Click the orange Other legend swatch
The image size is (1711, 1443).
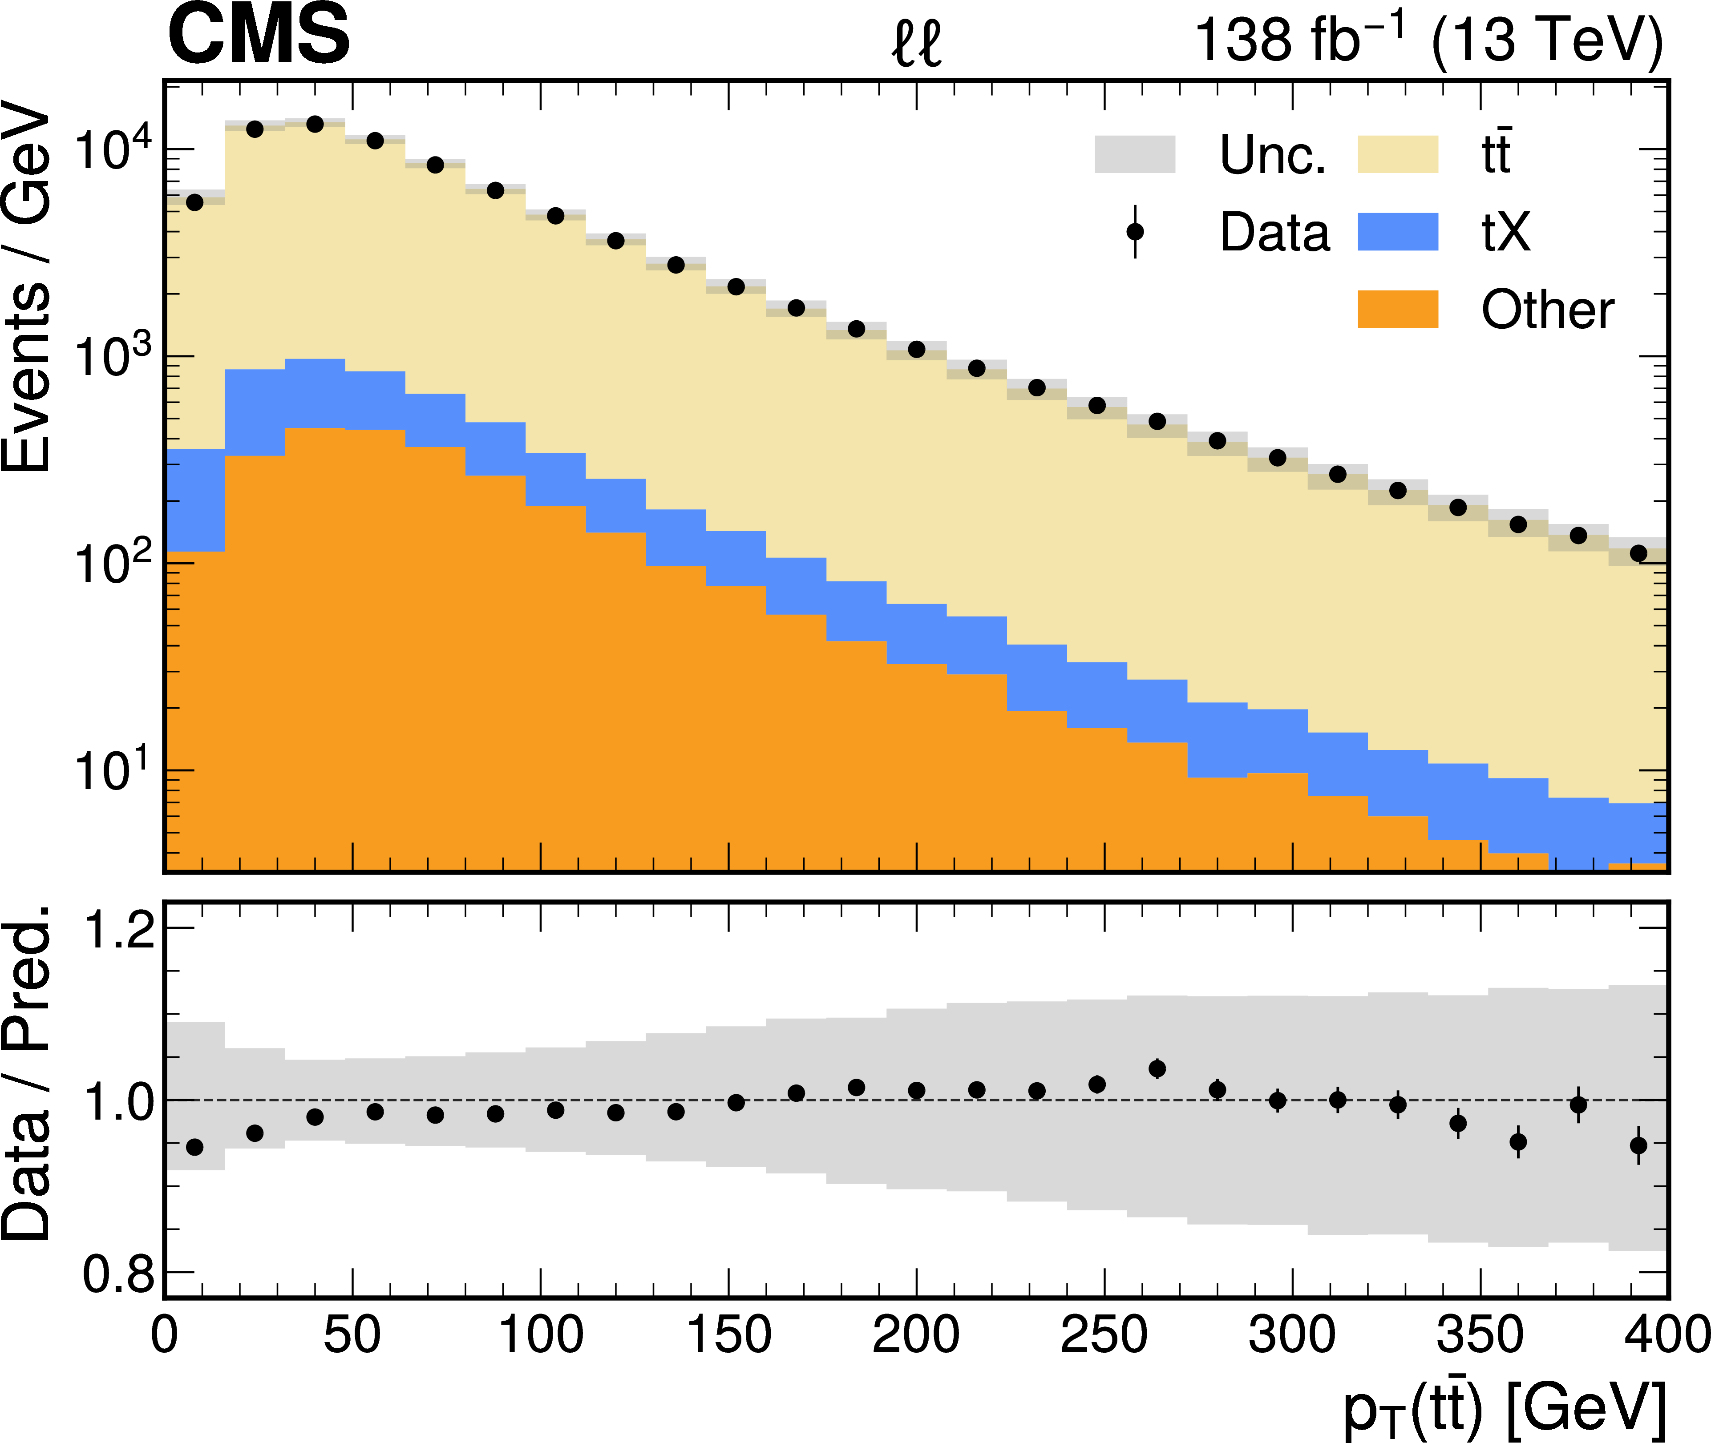point(1398,309)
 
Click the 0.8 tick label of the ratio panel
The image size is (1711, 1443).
point(119,1274)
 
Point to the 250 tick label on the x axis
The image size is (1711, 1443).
point(1104,1335)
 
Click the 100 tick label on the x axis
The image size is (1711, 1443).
point(540,1335)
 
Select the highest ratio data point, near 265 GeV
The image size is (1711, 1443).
point(1157,1068)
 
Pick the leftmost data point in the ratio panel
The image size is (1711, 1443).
point(195,1147)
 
